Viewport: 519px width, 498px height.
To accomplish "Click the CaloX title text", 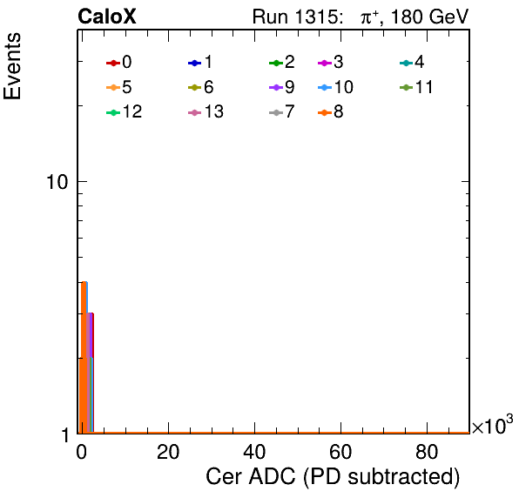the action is click(107, 17).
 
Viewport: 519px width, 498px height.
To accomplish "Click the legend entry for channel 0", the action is click(119, 62).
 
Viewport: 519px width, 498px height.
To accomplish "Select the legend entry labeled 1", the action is click(200, 62).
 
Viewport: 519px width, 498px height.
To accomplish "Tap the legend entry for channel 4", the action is click(412, 62).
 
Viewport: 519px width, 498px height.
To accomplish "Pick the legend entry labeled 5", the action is click(119, 87).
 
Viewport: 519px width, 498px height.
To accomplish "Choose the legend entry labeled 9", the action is click(282, 87).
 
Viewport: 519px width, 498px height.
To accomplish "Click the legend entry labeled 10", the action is click(335, 87).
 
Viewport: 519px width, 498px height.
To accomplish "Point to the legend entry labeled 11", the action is click(416, 87).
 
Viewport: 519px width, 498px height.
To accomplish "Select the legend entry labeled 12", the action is click(125, 112).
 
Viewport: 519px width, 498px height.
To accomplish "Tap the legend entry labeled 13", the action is click(206, 112).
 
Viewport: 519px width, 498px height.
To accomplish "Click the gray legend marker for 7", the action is click(276, 112).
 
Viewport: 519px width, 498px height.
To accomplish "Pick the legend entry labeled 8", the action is click(330, 112).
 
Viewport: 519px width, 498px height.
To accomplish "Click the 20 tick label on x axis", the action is click(168, 452).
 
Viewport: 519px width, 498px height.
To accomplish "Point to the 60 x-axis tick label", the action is click(340, 452).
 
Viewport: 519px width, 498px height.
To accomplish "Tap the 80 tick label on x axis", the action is click(427, 452).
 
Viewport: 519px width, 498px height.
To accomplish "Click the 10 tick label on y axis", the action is click(57, 182).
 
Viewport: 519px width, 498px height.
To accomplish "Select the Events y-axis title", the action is click(12, 66).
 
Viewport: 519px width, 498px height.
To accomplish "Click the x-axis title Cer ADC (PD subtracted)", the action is click(333, 477).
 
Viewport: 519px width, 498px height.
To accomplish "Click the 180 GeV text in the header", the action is click(430, 17).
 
